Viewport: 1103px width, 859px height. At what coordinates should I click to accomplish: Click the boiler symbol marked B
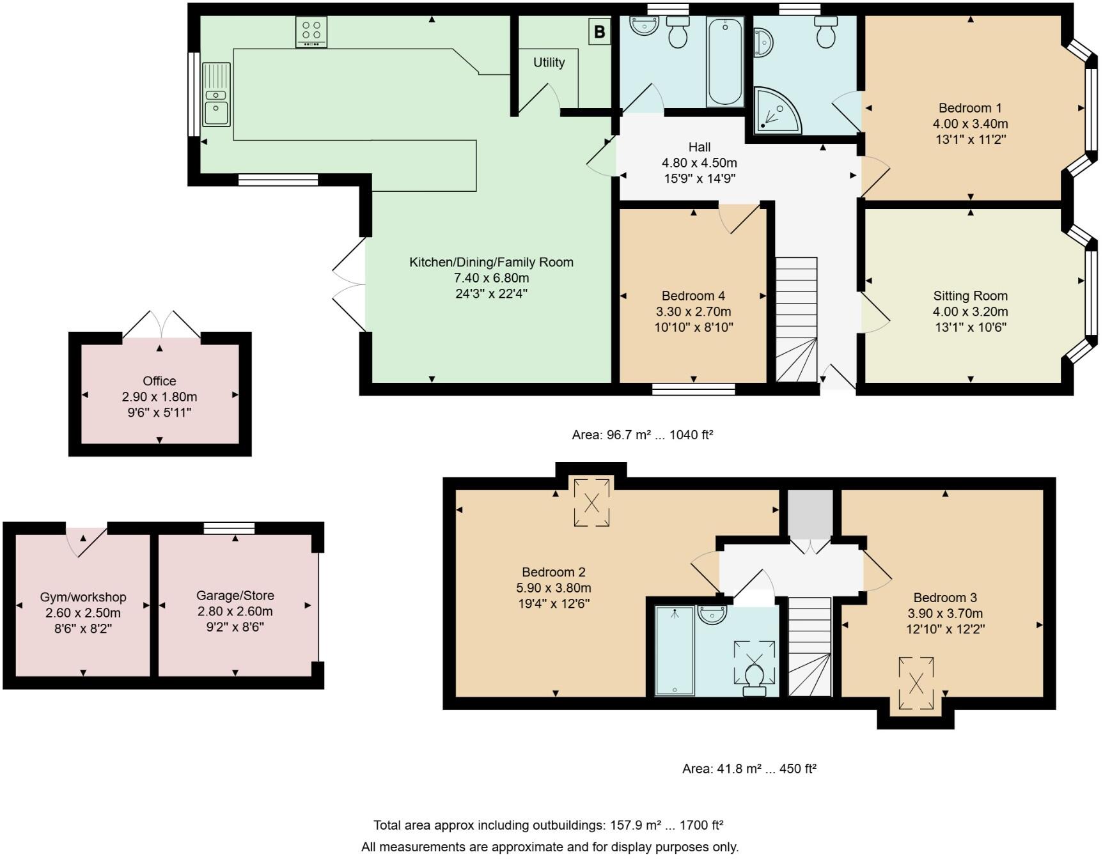click(599, 32)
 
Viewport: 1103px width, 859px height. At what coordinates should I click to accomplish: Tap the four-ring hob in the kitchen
click(311, 31)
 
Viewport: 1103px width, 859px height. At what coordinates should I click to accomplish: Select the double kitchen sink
click(217, 95)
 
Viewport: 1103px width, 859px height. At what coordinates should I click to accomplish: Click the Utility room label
click(549, 63)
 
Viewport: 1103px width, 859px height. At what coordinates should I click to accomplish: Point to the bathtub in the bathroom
click(725, 61)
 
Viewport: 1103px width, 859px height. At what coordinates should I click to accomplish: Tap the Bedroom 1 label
click(969, 108)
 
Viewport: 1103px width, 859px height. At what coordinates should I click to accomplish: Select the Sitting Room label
click(970, 296)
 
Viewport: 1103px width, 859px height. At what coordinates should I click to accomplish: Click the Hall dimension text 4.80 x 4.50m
click(699, 163)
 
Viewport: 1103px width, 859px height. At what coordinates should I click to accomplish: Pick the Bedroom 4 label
click(693, 296)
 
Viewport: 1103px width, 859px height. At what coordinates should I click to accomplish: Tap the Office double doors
click(161, 325)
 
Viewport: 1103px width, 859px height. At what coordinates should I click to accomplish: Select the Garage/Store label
click(235, 596)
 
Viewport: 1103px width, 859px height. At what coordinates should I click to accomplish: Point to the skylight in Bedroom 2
click(592, 502)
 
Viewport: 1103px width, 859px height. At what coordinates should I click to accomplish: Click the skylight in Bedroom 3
click(916, 683)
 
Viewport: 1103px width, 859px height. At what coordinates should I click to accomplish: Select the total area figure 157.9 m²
click(632, 825)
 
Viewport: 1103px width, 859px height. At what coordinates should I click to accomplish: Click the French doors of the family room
click(349, 285)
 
